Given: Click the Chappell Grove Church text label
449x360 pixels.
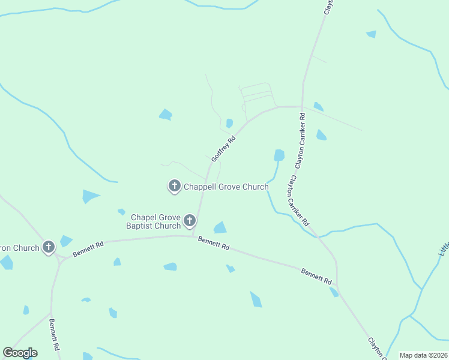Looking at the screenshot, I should (x=226, y=187).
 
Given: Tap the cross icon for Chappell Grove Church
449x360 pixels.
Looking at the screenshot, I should (x=174, y=186).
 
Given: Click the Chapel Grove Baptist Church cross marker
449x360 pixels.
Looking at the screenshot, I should (x=190, y=221).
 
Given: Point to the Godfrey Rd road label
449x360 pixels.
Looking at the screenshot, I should (x=223, y=148).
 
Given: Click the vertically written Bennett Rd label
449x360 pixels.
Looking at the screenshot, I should (x=54, y=335).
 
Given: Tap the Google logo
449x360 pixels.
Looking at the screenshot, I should (x=20, y=353).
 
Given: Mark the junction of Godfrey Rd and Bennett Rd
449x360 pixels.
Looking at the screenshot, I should (x=193, y=236).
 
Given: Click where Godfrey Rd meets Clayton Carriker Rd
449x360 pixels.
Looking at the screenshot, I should (x=302, y=107).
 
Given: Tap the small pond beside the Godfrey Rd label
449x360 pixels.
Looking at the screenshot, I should (x=229, y=124).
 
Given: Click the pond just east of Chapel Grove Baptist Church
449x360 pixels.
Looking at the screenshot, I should (x=220, y=227).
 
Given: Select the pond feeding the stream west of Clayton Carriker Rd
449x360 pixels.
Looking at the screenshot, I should (x=279, y=155).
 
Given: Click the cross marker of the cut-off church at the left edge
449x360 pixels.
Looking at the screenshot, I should (x=49, y=247).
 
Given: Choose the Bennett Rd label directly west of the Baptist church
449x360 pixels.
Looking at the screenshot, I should (x=88, y=249).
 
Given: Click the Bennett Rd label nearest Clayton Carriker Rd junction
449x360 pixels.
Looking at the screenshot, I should (x=316, y=277).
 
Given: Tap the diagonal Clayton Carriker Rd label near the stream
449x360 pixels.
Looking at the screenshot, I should (x=298, y=201).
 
